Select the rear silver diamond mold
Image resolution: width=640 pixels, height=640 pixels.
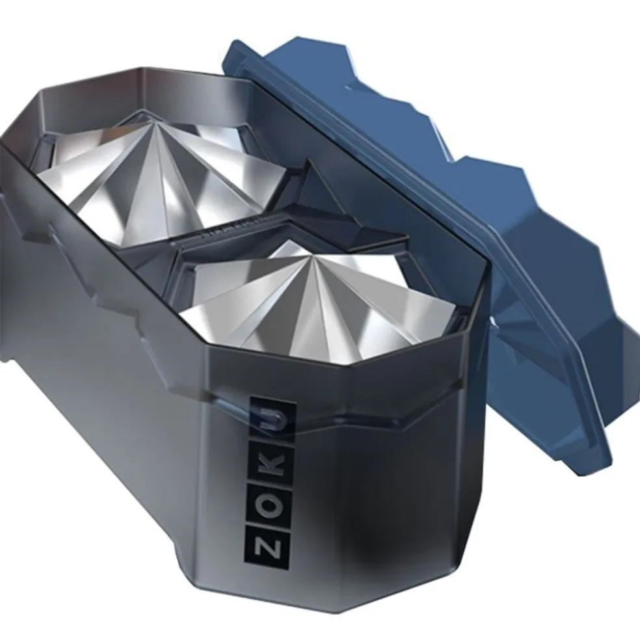tap(163, 180)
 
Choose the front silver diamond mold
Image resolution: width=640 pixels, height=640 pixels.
tap(314, 302)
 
